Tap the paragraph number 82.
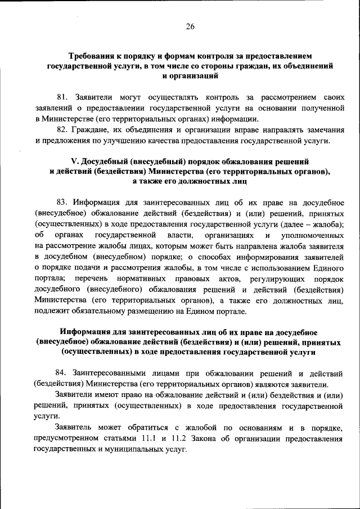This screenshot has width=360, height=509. (62, 129)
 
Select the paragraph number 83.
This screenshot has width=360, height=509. (62, 202)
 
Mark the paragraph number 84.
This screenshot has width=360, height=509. (62, 374)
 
